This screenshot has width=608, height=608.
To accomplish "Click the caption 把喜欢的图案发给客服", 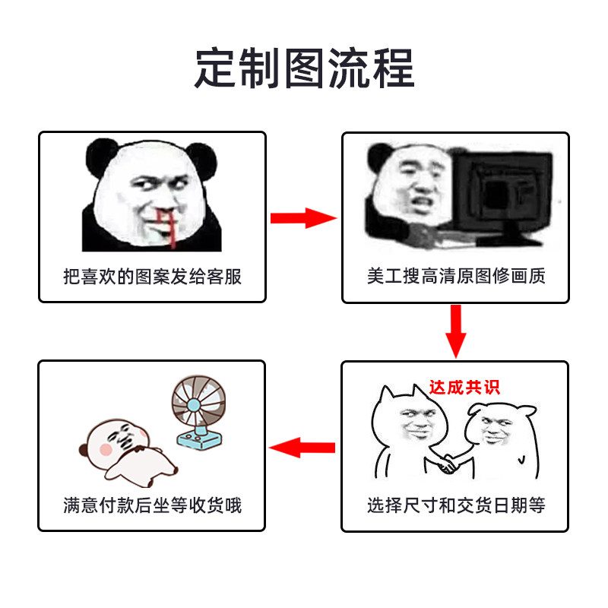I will coord(152,276).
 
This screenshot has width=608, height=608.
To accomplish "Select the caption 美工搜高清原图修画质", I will coord(456,276).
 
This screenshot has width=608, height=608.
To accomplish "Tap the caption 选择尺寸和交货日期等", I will coord(456,505).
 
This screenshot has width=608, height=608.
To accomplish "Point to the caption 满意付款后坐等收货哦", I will coord(152,505).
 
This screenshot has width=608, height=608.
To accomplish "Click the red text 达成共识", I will coord(464,387).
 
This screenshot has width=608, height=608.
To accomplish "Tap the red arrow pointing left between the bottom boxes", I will coord(303,447).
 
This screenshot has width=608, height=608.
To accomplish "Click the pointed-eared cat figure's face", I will coord(414,422).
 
